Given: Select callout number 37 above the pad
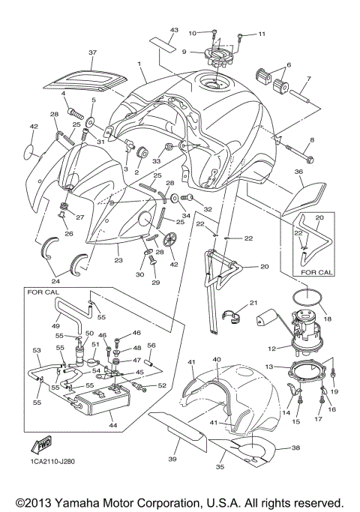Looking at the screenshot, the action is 92,52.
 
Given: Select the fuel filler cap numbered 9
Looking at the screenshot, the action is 217,56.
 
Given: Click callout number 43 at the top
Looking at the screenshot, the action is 174,30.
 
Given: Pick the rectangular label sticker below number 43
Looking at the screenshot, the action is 163,44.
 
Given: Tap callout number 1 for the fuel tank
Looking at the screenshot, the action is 139,64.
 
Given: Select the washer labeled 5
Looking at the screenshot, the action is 90,124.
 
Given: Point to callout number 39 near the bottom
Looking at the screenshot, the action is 172,459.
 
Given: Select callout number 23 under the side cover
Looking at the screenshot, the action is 118,260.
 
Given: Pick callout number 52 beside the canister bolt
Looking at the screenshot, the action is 162,385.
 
